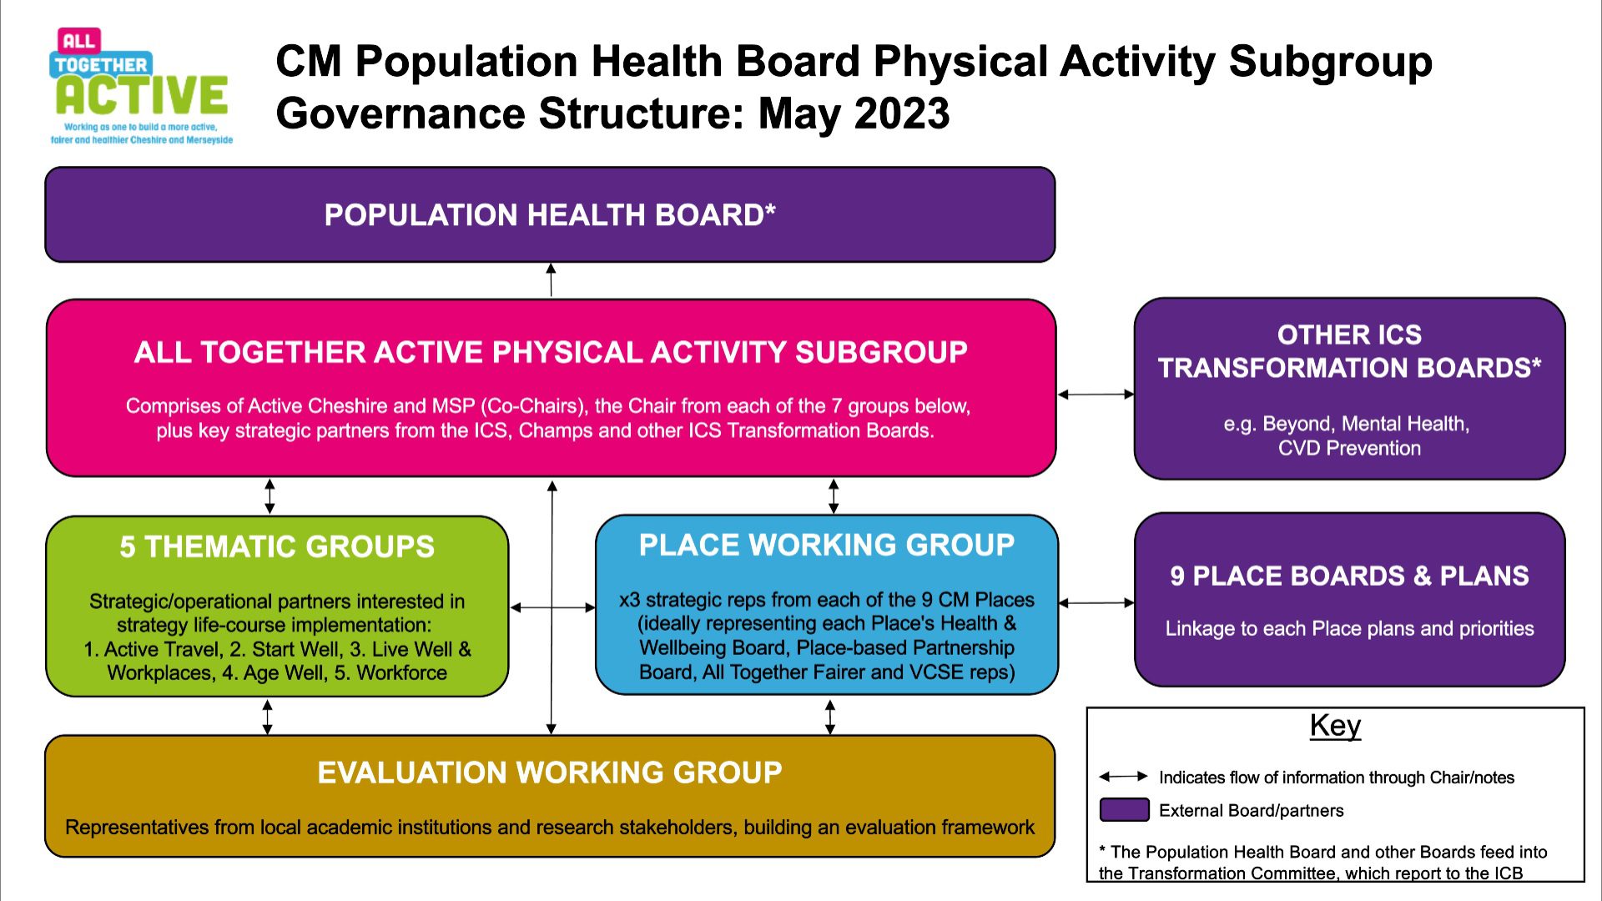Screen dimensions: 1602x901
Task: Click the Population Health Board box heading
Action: [x=550, y=215]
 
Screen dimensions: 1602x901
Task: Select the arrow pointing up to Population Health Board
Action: [x=551, y=279]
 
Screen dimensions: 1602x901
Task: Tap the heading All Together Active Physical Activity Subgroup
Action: [x=551, y=352]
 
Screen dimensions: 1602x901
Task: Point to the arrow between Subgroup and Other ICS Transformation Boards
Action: [x=1096, y=394]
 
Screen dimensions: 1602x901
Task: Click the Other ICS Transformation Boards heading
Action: [x=1349, y=351]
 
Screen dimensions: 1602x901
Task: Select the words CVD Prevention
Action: [x=1349, y=448]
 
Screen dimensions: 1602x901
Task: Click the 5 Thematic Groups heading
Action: [x=277, y=546]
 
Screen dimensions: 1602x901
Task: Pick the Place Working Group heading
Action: [x=827, y=545]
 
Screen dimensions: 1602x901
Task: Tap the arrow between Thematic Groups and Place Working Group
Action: [x=552, y=607]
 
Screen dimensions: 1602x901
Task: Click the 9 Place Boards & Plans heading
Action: [x=1349, y=576]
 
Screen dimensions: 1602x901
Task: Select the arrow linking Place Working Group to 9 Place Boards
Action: [x=1096, y=602]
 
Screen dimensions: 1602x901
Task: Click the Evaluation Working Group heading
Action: [x=550, y=773]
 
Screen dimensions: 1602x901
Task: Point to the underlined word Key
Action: [x=1335, y=726]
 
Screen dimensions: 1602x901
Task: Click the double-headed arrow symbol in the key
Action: [x=1123, y=777]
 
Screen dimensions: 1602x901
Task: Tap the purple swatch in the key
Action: [x=1124, y=810]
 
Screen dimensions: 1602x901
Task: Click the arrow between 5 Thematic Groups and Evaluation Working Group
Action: [x=267, y=717]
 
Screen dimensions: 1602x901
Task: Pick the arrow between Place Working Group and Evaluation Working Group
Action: [x=829, y=717]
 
